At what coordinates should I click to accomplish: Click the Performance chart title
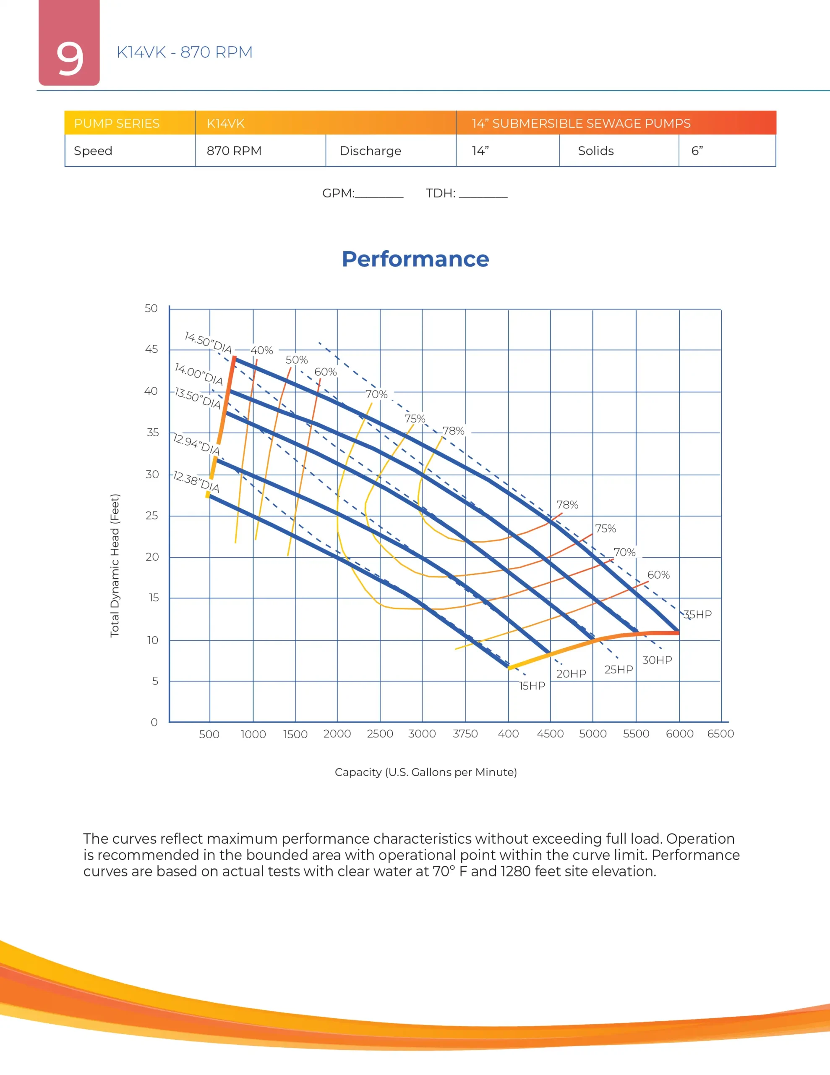pyautogui.click(x=415, y=259)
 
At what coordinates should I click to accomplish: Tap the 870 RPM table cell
pyautogui.click(x=234, y=151)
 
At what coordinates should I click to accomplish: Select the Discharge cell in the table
pyautogui.click(x=370, y=151)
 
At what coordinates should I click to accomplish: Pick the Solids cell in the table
pyautogui.click(x=595, y=151)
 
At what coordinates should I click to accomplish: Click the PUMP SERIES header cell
pyautogui.click(x=117, y=123)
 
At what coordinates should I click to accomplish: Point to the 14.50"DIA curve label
pyautogui.click(x=208, y=343)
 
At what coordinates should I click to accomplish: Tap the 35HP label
pyautogui.click(x=698, y=614)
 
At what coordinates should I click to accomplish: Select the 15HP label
pyautogui.click(x=532, y=686)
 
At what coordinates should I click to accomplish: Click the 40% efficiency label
pyautogui.click(x=261, y=351)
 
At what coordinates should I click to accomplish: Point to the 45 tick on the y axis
pyautogui.click(x=151, y=349)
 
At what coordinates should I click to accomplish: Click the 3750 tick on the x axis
pyautogui.click(x=465, y=734)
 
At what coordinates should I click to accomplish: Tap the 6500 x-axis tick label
pyautogui.click(x=720, y=734)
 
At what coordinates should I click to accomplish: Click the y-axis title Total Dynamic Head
pyautogui.click(x=115, y=566)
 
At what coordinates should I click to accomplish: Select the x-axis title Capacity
pyautogui.click(x=425, y=772)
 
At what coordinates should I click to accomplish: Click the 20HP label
pyautogui.click(x=571, y=674)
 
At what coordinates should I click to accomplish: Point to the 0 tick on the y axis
pyautogui.click(x=154, y=722)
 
